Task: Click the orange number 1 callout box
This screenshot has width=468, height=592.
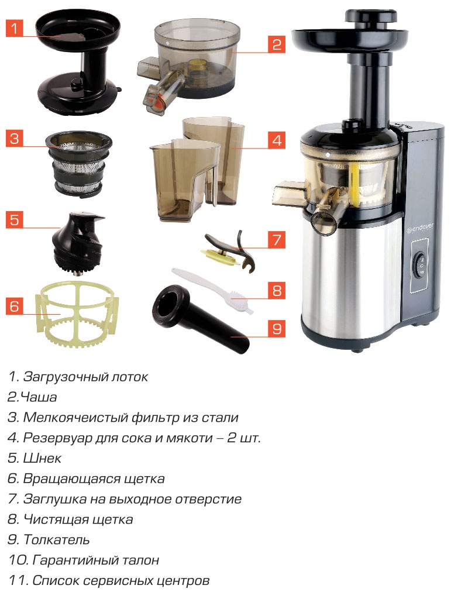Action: (15, 28)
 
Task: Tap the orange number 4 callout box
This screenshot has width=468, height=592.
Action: (277, 140)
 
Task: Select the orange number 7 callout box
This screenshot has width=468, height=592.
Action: (277, 239)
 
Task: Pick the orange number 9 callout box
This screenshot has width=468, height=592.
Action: (277, 328)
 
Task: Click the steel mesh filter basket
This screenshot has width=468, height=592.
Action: (78, 163)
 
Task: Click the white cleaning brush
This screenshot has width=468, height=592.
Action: (212, 290)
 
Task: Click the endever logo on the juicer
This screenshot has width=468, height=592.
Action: (420, 228)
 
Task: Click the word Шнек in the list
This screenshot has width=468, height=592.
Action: (42, 458)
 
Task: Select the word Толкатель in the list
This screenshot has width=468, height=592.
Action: (56, 539)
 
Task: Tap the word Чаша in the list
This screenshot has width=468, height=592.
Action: (39, 397)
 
